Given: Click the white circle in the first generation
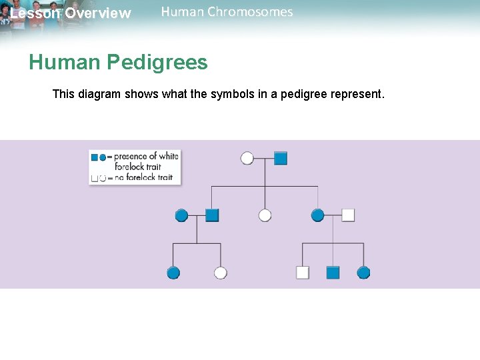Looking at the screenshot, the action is pos(247,158).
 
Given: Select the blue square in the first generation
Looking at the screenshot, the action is pos(281,158).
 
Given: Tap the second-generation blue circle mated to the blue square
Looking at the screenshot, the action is pos(181,215).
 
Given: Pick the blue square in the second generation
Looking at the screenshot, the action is pos(212,215).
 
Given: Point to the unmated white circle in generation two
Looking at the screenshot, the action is pos(265,215).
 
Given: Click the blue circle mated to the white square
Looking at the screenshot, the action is pos(317,215).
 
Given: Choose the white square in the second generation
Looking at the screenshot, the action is pos(347,215).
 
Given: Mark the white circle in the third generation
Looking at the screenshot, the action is pos(221,272).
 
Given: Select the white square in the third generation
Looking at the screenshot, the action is pos(302,272).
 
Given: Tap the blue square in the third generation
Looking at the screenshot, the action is pos(333,272).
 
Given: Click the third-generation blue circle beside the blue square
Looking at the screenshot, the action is pos(363,272).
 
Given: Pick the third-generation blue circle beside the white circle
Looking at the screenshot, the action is pos(173,272).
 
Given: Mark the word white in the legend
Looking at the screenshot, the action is pos(169,157).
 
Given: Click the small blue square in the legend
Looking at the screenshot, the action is pos(94,157).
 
